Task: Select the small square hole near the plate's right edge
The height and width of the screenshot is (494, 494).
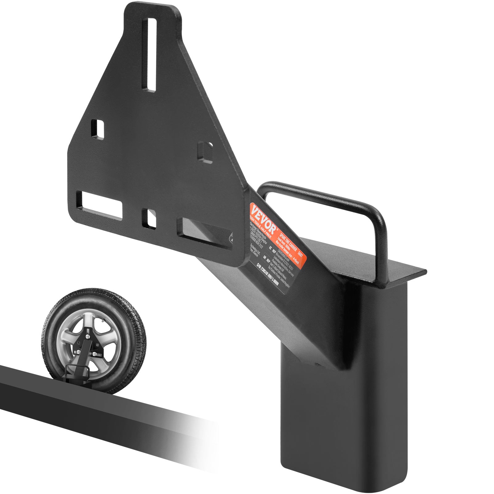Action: [205, 151]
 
